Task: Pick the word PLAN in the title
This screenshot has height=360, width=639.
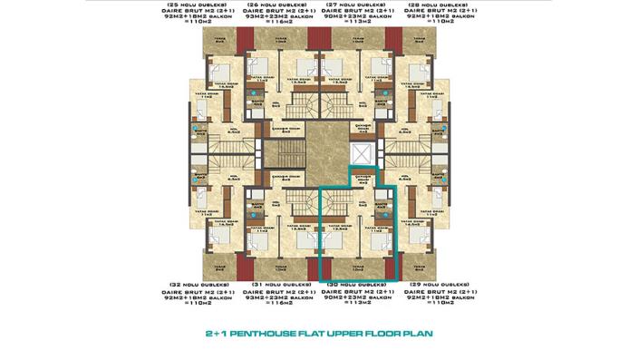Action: (x=418, y=333)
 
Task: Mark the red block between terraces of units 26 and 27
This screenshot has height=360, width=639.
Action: (x=318, y=38)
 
